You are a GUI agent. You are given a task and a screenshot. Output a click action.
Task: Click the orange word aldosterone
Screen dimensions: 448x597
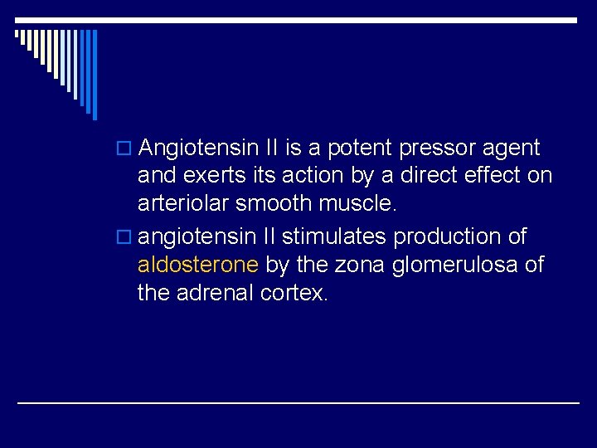[x=199, y=265]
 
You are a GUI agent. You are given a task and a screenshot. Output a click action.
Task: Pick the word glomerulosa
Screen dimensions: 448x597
[x=442, y=265]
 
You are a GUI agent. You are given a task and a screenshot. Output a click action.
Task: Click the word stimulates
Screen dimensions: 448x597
[x=335, y=236]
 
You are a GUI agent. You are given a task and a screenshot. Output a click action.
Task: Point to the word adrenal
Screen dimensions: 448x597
[x=213, y=293]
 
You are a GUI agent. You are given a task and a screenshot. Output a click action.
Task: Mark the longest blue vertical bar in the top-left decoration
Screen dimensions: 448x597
[x=95, y=75]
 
